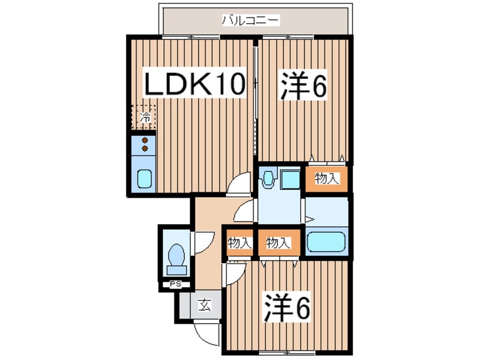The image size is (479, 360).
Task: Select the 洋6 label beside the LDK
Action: pyautogui.click(x=302, y=85)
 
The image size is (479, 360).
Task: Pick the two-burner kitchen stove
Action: pyautogui.click(x=144, y=144)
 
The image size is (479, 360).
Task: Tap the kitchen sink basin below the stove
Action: pyautogui.click(x=144, y=180)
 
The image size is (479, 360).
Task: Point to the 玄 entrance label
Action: pyautogui.click(x=204, y=306)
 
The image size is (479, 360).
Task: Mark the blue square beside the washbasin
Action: pyautogui.click(x=291, y=179)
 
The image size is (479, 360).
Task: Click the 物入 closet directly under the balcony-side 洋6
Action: pyautogui.click(x=326, y=179)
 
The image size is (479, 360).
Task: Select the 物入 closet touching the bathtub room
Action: pyautogui.click(x=278, y=243)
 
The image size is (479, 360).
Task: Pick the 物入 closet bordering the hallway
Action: pyautogui.click(x=239, y=243)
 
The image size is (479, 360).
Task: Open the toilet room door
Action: pyautogui.click(x=202, y=242)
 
